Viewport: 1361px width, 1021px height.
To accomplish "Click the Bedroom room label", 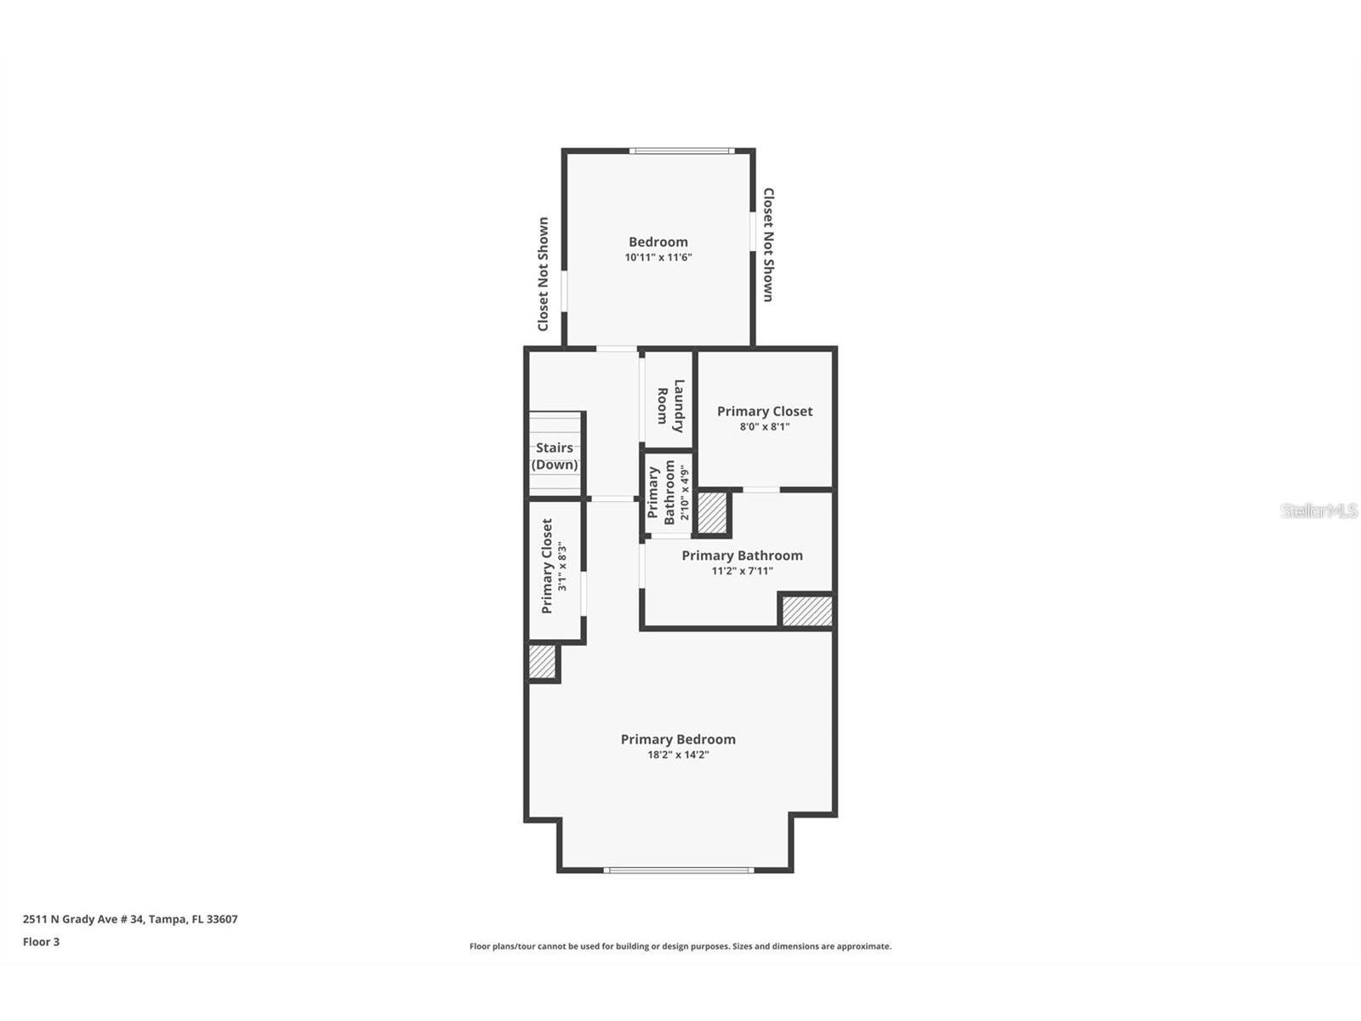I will pyautogui.click(x=658, y=242).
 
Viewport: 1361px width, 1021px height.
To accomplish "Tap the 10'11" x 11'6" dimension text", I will pyautogui.click(x=658, y=257).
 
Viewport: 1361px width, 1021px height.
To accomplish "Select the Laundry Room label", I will pyautogui.click(x=670, y=406).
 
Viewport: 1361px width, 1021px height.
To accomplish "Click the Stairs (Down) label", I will pyautogui.click(x=555, y=456).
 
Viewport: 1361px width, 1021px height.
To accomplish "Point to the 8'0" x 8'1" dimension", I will pyautogui.click(x=765, y=426).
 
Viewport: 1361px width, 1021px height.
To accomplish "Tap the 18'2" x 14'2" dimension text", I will pyautogui.click(x=678, y=755).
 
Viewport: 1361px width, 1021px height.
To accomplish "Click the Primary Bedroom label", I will pyautogui.click(x=678, y=739).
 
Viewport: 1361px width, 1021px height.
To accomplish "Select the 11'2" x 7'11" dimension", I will pyautogui.click(x=742, y=571).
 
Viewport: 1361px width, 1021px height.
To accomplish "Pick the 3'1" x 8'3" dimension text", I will pyautogui.click(x=561, y=567).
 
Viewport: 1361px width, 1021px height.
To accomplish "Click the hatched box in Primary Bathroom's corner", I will pyautogui.click(x=806, y=611).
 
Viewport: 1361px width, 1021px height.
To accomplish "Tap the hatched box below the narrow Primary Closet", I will pyautogui.click(x=542, y=662).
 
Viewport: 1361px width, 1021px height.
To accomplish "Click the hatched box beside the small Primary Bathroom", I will pyautogui.click(x=712, y=512).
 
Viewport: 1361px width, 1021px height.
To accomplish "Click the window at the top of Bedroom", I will pyautogui.click(x=681, y=151).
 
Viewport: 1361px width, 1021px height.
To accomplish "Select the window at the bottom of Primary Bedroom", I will pyautogui.click(x=679, y=870).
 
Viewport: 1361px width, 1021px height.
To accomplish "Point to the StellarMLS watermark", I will pyautogui.click(x=1319, y=510).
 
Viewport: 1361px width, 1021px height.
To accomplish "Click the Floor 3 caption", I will pyautogui.click(x=41, y=942).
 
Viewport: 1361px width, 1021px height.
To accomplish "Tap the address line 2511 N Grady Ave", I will pyautogui.click(x=130, y=919).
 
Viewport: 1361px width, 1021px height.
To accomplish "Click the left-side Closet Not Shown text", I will pyautogui.click(x=543, y=274).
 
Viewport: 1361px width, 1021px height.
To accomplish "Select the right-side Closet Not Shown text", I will pyautogui.click(x=768, y=245).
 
